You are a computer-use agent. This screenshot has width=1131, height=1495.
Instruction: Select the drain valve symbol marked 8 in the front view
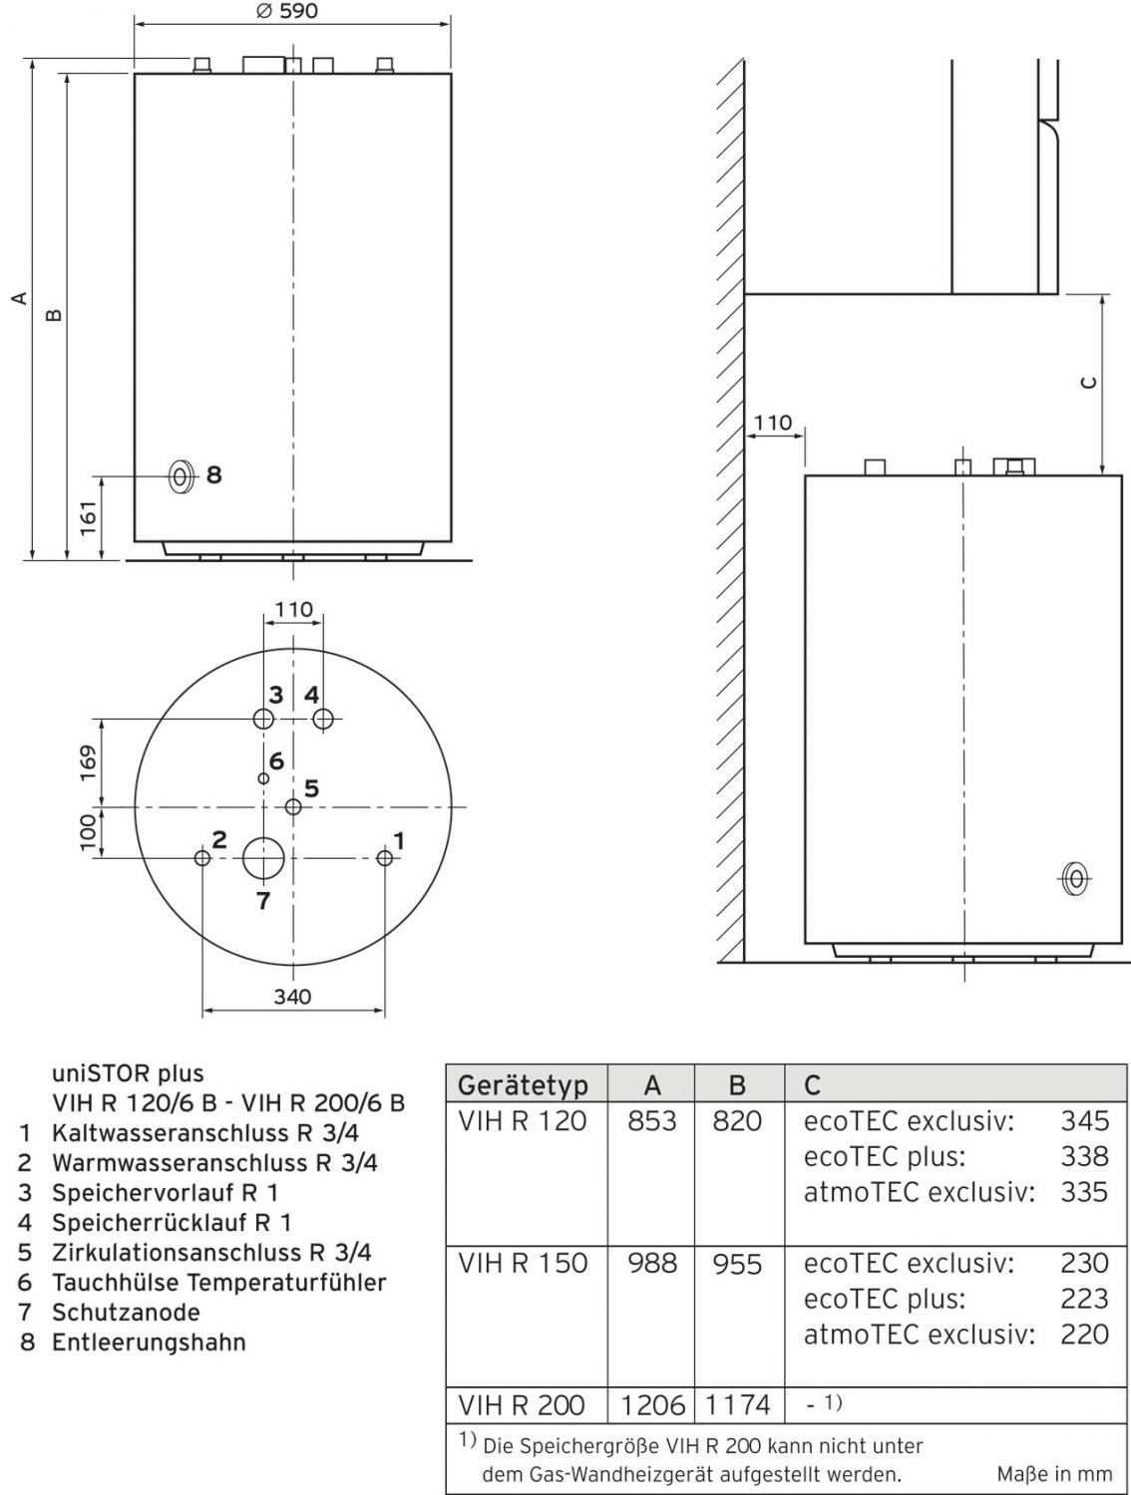181,476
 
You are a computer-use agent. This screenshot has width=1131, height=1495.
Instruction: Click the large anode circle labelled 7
262,858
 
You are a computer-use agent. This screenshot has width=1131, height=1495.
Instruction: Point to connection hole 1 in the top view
385,858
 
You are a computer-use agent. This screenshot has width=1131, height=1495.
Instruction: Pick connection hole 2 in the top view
202,858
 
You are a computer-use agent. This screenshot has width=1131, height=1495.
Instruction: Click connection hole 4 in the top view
322,719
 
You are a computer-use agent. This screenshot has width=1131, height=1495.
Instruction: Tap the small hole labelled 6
263,778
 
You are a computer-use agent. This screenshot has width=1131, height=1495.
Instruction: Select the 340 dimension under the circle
292,996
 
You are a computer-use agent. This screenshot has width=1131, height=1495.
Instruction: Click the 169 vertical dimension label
89,762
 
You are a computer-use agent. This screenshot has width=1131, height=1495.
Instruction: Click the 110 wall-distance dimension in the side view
773,423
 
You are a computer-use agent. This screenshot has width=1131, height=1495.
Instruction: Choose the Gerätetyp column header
523,1084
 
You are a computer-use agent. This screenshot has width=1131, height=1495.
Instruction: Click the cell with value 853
651,1121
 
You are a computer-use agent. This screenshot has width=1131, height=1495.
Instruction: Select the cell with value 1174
738,1405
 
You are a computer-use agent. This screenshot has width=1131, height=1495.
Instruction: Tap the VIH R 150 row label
523,1264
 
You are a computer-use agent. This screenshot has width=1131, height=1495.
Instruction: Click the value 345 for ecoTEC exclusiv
1084,1121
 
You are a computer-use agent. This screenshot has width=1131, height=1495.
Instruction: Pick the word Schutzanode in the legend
126,1313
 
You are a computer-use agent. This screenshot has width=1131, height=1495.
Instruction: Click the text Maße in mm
1053,1473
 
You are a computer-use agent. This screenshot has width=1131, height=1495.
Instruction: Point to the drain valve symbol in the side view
1074,879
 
